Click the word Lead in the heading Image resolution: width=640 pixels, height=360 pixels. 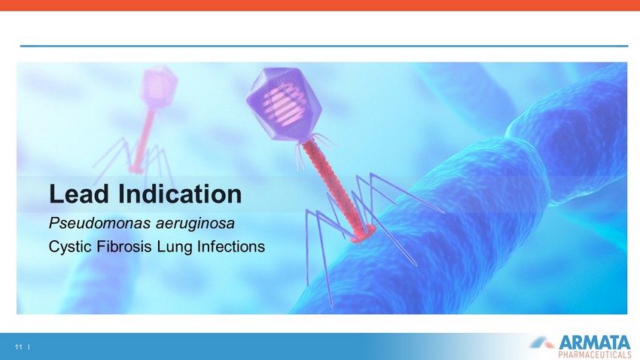coord(79,194)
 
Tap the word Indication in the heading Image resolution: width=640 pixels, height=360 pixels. coord(180,194)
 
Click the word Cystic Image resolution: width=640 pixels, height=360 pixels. coord(72,247)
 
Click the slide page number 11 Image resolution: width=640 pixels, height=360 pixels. coord(18,347)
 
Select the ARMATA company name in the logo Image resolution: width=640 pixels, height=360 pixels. coord(594,343)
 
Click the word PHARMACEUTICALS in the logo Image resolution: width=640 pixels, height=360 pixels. coord(594,354)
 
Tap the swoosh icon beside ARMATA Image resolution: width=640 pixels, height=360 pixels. coord(541,342)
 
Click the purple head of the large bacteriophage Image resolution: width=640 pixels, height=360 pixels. coord(284,104)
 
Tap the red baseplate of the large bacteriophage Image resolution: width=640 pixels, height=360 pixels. coord(362,234)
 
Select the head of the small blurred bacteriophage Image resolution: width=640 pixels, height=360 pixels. coord(158,87)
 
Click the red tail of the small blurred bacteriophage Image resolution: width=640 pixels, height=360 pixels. coord(143,139)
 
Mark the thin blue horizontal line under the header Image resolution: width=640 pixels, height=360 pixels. coord(324,46)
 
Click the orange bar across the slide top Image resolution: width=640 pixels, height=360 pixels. coord(320,5)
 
